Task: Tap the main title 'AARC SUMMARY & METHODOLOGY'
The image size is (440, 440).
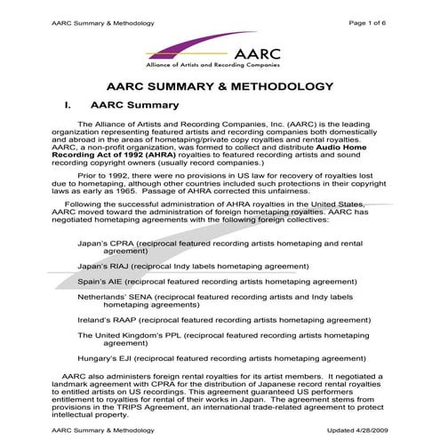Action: [220, 87]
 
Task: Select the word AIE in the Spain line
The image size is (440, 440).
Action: [123, 280]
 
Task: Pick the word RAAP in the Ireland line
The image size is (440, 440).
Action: [124, 319]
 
